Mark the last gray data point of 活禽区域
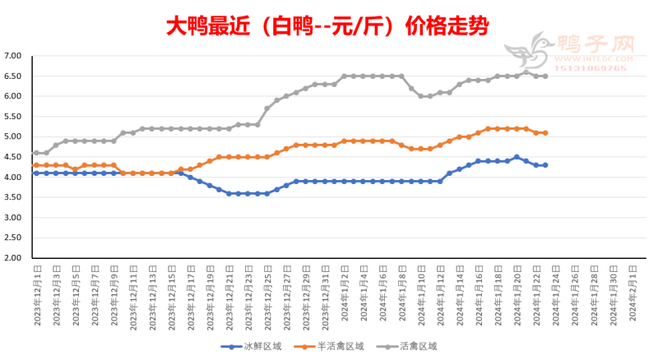point(545,76)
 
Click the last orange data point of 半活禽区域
point(545,132)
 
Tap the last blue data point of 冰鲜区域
point(545,165)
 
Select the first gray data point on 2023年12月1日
point(36,153)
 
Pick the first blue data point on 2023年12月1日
point(36,173)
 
